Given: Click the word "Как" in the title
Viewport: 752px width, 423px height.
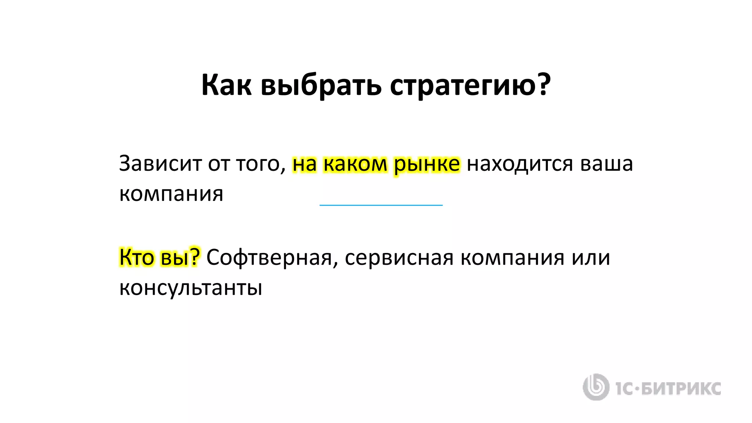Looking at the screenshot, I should tap(227, 85).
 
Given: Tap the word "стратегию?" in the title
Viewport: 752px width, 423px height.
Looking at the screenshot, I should tap(470, 86).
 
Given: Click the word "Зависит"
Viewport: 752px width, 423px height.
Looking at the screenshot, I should tap(160, 163).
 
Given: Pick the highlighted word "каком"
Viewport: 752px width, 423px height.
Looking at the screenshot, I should tap(355, 164).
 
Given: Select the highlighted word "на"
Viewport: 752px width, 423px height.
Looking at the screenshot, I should tap(304, 164).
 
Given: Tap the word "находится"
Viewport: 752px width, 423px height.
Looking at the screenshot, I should tap(520, 164).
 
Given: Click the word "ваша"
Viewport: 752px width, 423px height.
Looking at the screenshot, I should tap(607, 164).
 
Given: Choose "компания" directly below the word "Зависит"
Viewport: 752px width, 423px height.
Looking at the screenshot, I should tap(171, 194).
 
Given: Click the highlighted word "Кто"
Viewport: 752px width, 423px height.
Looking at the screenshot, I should tap(137, 257).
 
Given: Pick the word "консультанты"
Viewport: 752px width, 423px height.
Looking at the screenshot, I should tap(191, 288).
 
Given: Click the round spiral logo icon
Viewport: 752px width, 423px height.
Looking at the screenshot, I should tap(596, 387).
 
